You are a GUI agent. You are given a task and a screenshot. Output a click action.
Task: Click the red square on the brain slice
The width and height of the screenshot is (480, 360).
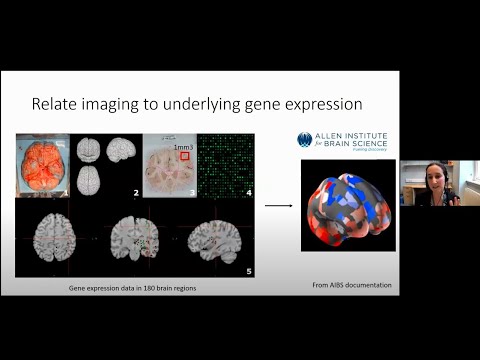184,156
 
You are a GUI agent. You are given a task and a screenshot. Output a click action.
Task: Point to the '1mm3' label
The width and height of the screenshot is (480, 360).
182,146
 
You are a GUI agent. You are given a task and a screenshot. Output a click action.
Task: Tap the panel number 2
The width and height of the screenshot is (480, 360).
134,189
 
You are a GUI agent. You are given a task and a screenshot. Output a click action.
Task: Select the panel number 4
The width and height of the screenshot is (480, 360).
247,189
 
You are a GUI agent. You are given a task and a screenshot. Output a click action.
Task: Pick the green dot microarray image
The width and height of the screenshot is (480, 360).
223,163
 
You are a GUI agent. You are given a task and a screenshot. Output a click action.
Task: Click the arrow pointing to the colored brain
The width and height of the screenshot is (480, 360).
278,206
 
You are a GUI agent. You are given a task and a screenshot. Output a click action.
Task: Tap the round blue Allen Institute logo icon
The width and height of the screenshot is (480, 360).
305,139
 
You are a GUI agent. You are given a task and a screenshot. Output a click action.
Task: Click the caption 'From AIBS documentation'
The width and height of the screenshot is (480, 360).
351,286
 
